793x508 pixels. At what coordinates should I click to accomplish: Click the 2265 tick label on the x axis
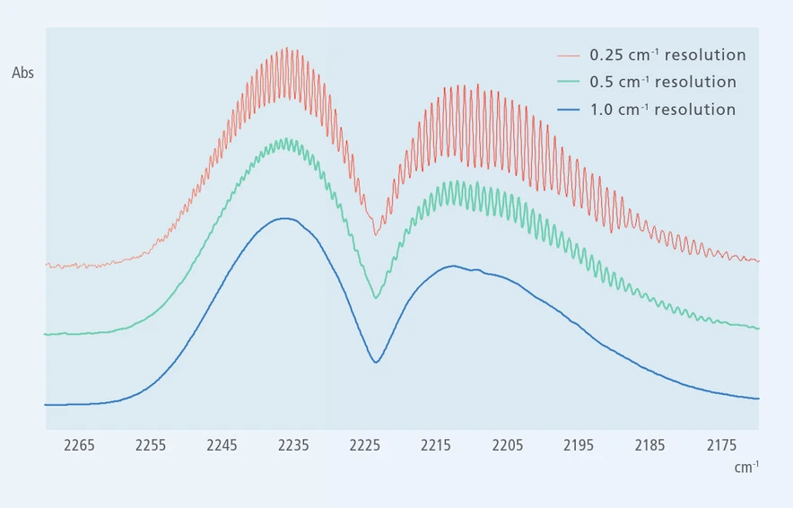[80, 444]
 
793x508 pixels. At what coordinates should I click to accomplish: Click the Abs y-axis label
[23, 73]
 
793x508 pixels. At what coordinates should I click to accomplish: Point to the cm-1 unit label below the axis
[746, 467]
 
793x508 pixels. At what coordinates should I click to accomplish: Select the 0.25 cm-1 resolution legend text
[667, 55]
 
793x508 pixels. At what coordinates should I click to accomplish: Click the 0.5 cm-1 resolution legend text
[663, 83]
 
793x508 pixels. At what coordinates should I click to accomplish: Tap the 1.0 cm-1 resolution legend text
[662, 110]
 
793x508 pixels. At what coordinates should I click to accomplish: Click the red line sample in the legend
[569, 56]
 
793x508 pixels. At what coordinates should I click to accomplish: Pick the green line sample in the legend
[569, 83]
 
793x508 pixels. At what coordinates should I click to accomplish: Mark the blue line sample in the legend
[569, 110]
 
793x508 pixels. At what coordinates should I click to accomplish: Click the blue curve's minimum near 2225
[377, 362]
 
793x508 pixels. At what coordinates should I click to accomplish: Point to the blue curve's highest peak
[285, 218]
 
